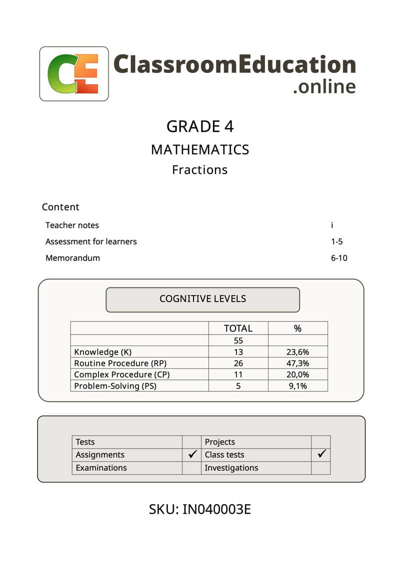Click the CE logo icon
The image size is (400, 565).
point(74,73)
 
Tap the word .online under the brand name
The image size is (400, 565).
point(324,86)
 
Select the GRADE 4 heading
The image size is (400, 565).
point(200,126)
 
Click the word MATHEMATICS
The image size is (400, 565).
point(200,149)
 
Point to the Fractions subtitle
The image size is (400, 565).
point(200,170)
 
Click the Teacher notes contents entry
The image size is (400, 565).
point(72,225)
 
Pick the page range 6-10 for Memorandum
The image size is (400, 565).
point(339,258)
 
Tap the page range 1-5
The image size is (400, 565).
point(337,242)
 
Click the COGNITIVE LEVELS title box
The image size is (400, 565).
point(202,299)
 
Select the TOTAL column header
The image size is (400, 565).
point(238,328)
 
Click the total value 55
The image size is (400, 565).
point(238,340)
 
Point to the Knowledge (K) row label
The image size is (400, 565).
point(103,352)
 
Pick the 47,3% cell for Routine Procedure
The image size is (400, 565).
point(297,363)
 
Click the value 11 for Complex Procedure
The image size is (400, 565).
point(238,374)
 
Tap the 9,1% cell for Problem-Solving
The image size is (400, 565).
point(297,386)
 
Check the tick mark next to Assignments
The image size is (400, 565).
point(192,454)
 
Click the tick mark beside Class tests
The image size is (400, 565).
point(322,454)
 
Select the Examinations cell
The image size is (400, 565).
point(101,468)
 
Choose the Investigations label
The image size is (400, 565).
point(231,468)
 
